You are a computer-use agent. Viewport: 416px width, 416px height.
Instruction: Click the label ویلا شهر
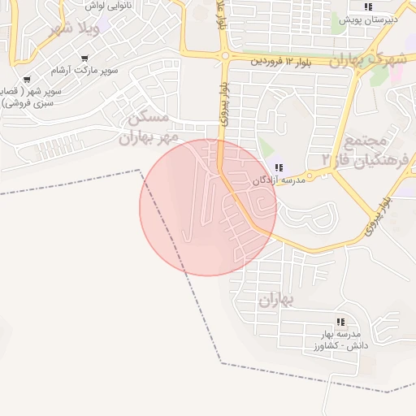click(x=74, y=30)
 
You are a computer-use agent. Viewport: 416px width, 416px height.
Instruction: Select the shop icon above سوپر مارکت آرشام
click(x=85, y=58)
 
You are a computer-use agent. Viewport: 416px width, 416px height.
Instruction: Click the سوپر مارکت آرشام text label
click(x=88, y=70)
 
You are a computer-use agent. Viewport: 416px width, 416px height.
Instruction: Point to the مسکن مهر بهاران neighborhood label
click(x=147, y=128)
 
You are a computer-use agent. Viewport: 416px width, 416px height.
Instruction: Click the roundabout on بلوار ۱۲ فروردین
click(x=224, y=56)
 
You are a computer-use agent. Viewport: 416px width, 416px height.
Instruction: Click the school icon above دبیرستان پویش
click(x=369, y=6)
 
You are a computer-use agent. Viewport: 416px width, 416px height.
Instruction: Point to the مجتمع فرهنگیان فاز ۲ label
click(x=374, y=147)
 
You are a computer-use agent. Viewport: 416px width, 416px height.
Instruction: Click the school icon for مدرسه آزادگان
click(x=279, y=168)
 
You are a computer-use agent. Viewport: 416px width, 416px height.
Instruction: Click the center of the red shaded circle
click(x=208, y=207)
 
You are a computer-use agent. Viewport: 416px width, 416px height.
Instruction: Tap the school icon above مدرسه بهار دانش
click(x=340, y=323)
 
